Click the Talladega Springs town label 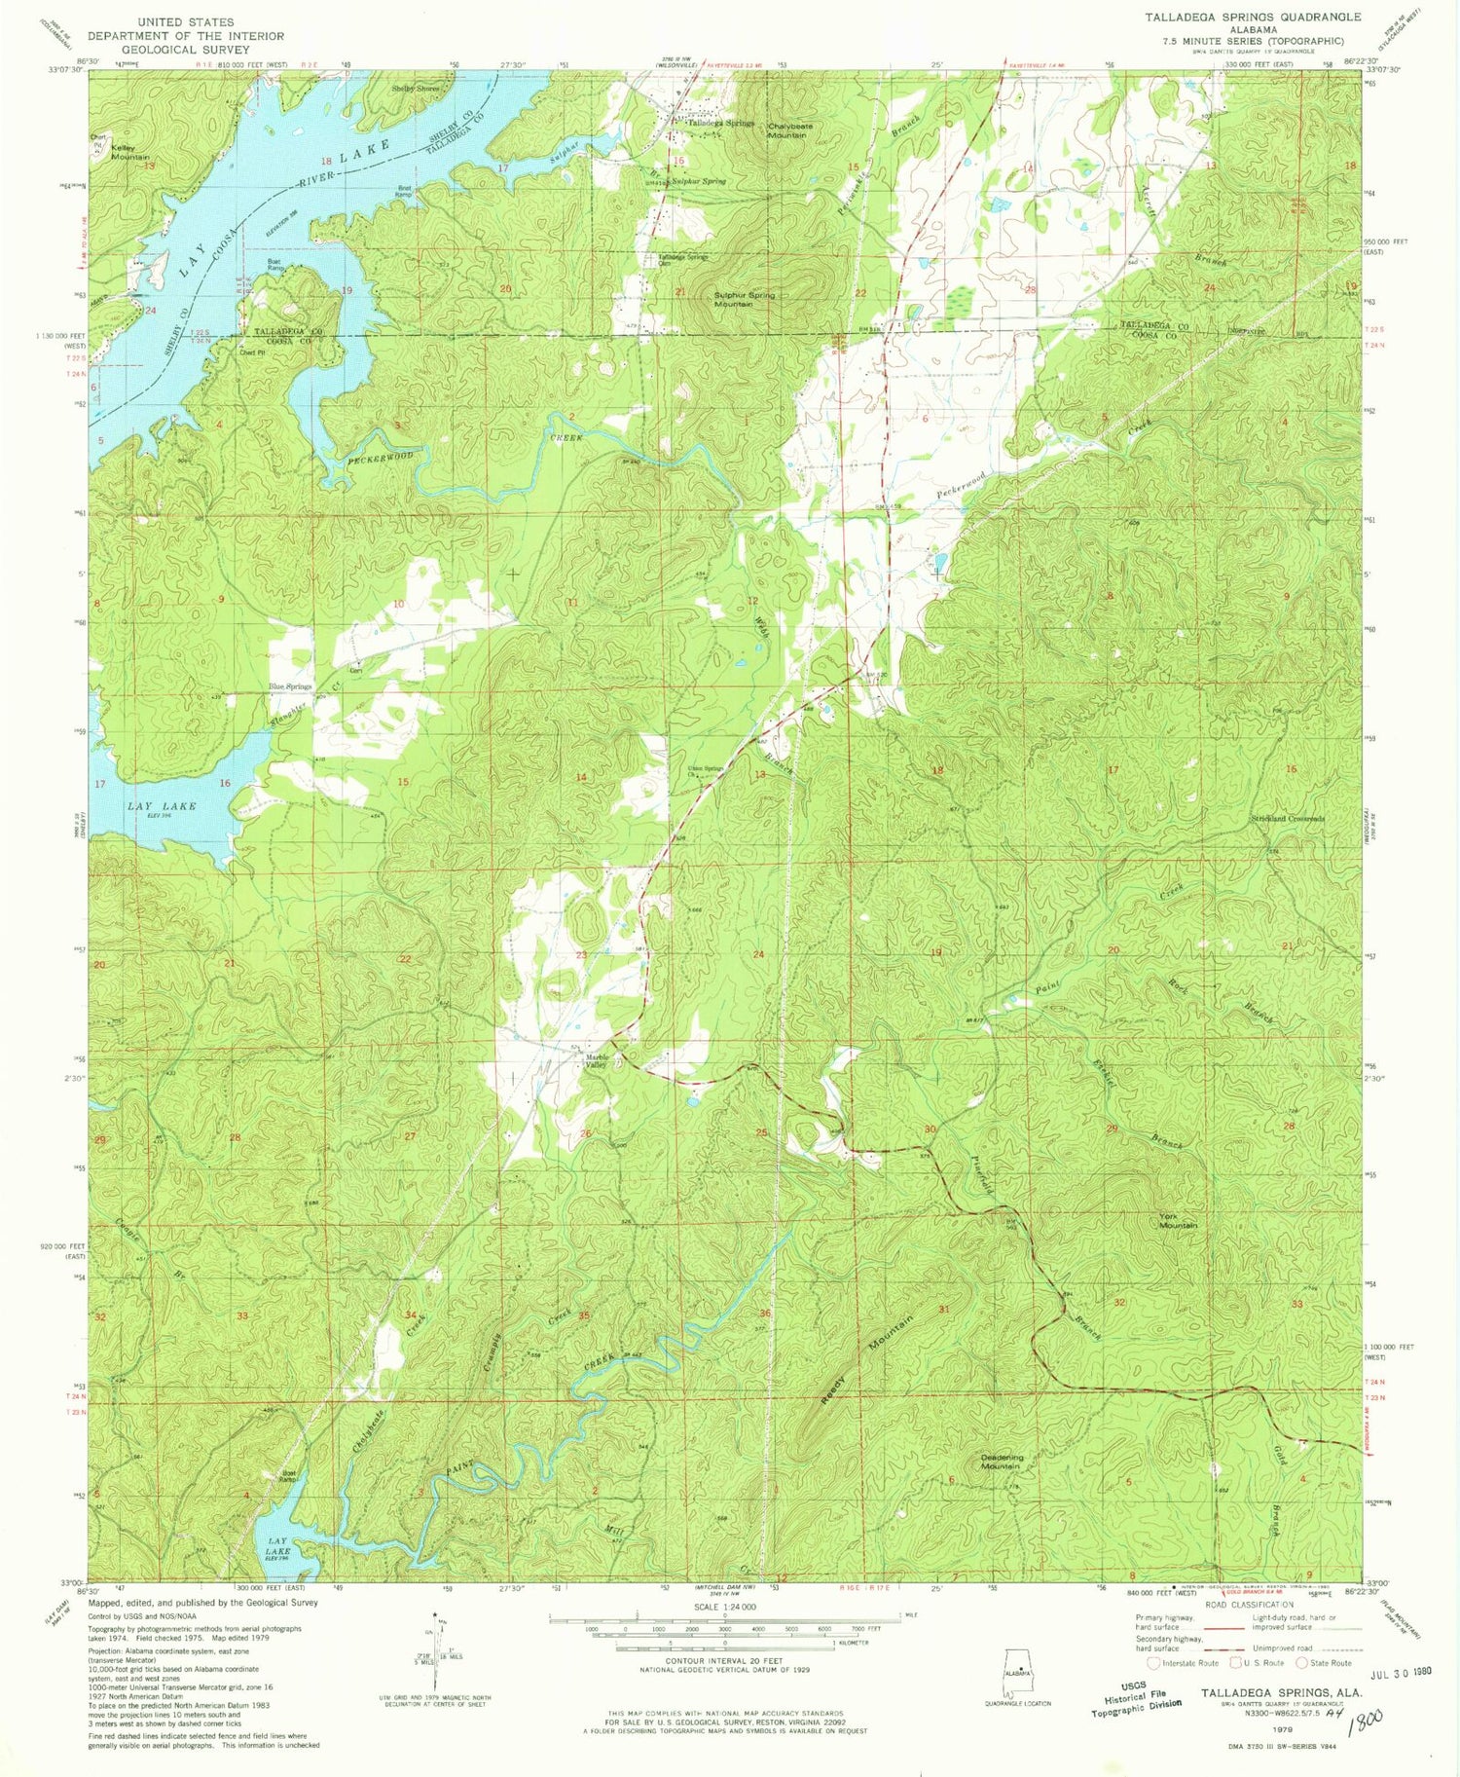[720, 124]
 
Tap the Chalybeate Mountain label [786, 130]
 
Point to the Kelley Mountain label [129, 152]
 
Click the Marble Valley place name [596, 1061]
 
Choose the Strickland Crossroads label [1287, 819]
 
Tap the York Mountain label [1178, 1220]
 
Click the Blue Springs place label [290, 686]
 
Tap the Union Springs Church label [706, 771]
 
